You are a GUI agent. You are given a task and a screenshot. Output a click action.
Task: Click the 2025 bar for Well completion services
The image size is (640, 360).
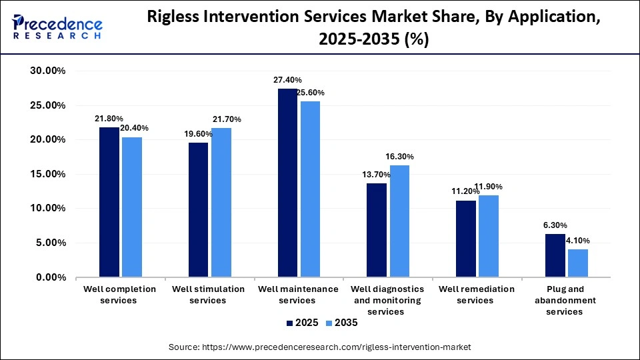tap(109, 202)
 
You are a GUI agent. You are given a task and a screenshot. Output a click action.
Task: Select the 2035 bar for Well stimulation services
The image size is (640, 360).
tap(221, 202)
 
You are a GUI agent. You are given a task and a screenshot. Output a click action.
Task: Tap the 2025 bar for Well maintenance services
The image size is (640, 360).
tap(288, 183)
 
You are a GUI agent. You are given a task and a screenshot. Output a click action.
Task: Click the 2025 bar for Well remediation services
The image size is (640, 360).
tap(467, 239)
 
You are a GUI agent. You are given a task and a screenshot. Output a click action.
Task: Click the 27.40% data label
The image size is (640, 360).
tap(287, 80)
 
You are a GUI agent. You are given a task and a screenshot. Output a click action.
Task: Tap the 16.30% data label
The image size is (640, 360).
tap(399, 157)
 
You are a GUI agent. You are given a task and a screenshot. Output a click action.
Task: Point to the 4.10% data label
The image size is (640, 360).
tap(577, 241)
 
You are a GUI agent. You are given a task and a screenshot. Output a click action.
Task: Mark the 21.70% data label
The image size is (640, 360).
tap(227, 119)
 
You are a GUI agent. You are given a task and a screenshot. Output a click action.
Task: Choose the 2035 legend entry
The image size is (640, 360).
tap(340, 323)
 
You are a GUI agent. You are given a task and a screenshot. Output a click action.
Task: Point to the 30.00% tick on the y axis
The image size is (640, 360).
tap(46, 71)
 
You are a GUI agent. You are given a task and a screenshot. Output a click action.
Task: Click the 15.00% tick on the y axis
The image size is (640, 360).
tap(46, 174)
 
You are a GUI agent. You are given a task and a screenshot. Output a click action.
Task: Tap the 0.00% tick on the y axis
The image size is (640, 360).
tap(49, 277)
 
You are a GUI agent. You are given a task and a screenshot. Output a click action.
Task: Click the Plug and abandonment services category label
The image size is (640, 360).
tap(565, 300)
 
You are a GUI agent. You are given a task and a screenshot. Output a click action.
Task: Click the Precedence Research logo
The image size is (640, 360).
tap(57, 27)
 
